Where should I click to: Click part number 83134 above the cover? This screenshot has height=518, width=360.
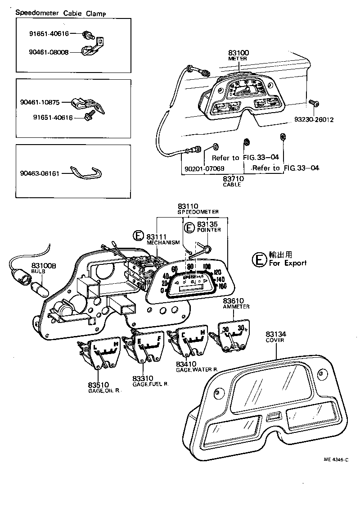click(276, 334)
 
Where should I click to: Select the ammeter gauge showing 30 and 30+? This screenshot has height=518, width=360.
click(233, 336)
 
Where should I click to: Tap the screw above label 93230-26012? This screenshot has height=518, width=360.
click(314, 104)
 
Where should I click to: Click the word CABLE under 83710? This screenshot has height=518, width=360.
click(232, 185)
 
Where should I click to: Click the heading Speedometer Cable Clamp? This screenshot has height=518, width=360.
click(61, 13)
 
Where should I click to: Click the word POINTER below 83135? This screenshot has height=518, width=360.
click(209, 230)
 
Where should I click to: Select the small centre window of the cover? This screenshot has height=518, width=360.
click(273, 417)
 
